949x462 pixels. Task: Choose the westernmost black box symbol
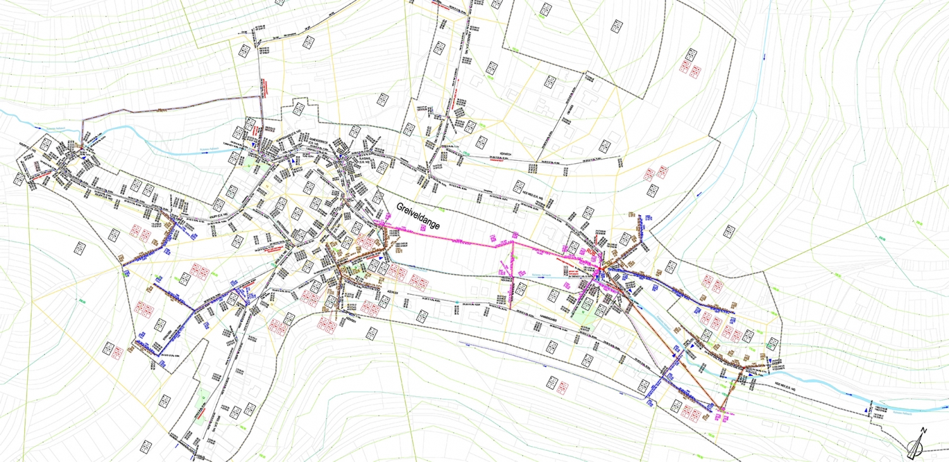pos(19,179)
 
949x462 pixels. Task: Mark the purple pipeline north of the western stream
pos(171,108)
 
